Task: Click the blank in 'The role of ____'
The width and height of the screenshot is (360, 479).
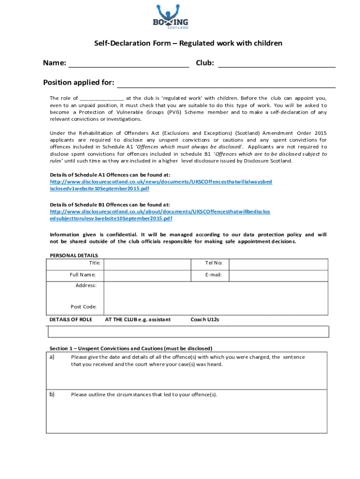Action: pyautogui.click(x=102, y=99)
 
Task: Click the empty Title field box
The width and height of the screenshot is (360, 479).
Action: pyautogui.click(x=147, y=263)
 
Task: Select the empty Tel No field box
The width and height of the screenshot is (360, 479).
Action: pyautogui.click(x=279, y=263)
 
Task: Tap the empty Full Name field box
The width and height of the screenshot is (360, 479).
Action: pyautogui.click(x=147, y=275)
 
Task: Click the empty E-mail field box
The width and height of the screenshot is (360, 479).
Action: pyautogui.click(x=279, y=275)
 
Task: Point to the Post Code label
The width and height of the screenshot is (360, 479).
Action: pyautogui.click(x=84, y=307)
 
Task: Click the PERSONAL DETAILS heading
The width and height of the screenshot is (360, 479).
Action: pyautogui.click(x=74, y=255)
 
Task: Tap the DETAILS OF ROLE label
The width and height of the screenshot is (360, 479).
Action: pyautogui.click(x=71, y=320)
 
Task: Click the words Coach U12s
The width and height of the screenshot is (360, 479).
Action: pyautogui.click(x=205, y=320)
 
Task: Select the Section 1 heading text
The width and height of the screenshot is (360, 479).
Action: pyautogui.click(x=131, y=348)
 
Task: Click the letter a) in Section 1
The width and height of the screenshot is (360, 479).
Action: pyautogui.click(x=52, y=357)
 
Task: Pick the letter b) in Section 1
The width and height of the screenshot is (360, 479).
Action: pyautogui.click(x=52, y=394)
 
